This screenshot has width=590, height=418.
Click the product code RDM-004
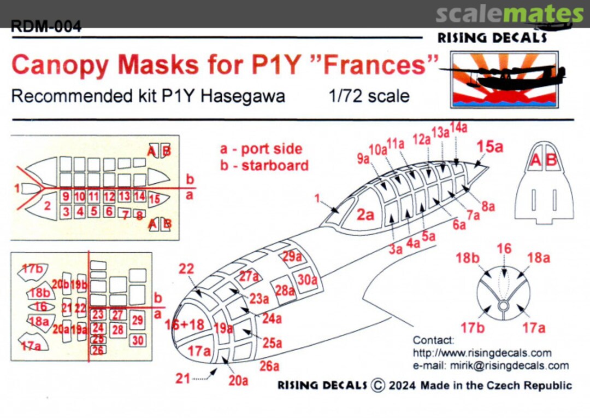point(46,26)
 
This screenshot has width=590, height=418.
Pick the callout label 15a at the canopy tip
point(490,147)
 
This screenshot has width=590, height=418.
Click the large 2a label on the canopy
point(365,215)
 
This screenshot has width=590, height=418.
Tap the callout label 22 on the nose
point(186,269)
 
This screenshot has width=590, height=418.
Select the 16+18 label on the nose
point(185,324)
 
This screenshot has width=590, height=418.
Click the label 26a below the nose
point(269,365)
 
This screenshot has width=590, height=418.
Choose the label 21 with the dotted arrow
point(182,377)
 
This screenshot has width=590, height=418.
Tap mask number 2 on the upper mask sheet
point(48,206)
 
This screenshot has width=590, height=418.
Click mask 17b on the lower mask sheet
point(32,270)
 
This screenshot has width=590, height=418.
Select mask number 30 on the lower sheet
point(138,340)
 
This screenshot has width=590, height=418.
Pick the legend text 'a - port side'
point(261,149)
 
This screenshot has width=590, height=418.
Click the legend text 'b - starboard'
point(264,165)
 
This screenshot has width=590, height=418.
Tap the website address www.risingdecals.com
point(482,353)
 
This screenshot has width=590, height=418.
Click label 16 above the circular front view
point(504,249)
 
